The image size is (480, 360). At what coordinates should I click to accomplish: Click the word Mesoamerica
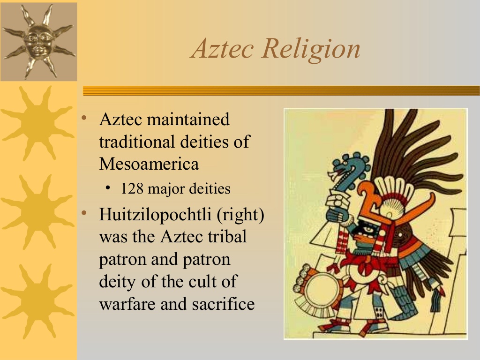(x=149, y=164)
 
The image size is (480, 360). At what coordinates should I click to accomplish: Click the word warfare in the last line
(x=127, y=304)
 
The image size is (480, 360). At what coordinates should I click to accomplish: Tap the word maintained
(x=188, y=119)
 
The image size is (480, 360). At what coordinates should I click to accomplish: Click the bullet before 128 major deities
(x=108, y=188)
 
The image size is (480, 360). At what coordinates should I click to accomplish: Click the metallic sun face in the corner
(x=39, y=41)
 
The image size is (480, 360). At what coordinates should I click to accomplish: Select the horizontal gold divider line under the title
(x=281, y=91)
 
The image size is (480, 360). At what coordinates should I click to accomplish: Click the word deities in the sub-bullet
(x=210, y=189)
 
